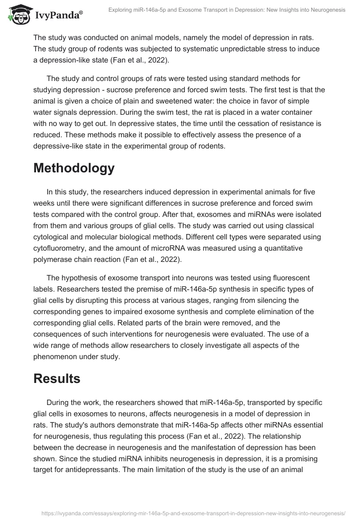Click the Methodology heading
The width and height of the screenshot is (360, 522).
point(74,168)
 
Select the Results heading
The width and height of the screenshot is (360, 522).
point(57,378)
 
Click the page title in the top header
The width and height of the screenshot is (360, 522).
point(227,9)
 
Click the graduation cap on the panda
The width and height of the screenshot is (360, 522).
point(18,9)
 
